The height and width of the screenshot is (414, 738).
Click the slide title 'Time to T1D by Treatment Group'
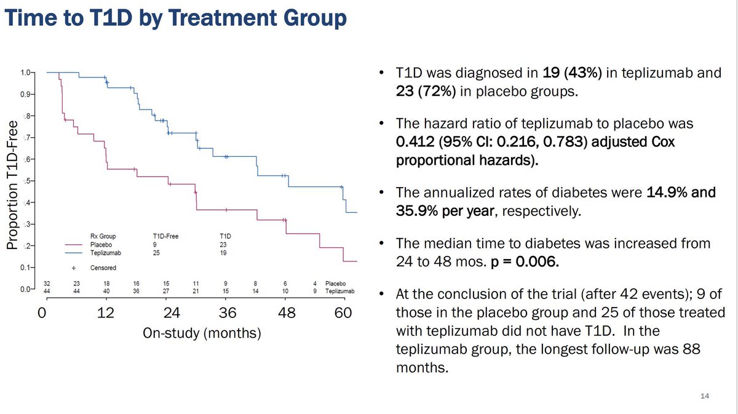pos(176,18)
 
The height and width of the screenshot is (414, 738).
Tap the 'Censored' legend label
pos(102,268)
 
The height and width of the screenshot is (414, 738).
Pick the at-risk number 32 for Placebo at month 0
pos(46,284)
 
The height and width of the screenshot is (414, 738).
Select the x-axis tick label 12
pos(106,312)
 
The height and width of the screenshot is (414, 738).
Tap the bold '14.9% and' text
pos(681,193)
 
